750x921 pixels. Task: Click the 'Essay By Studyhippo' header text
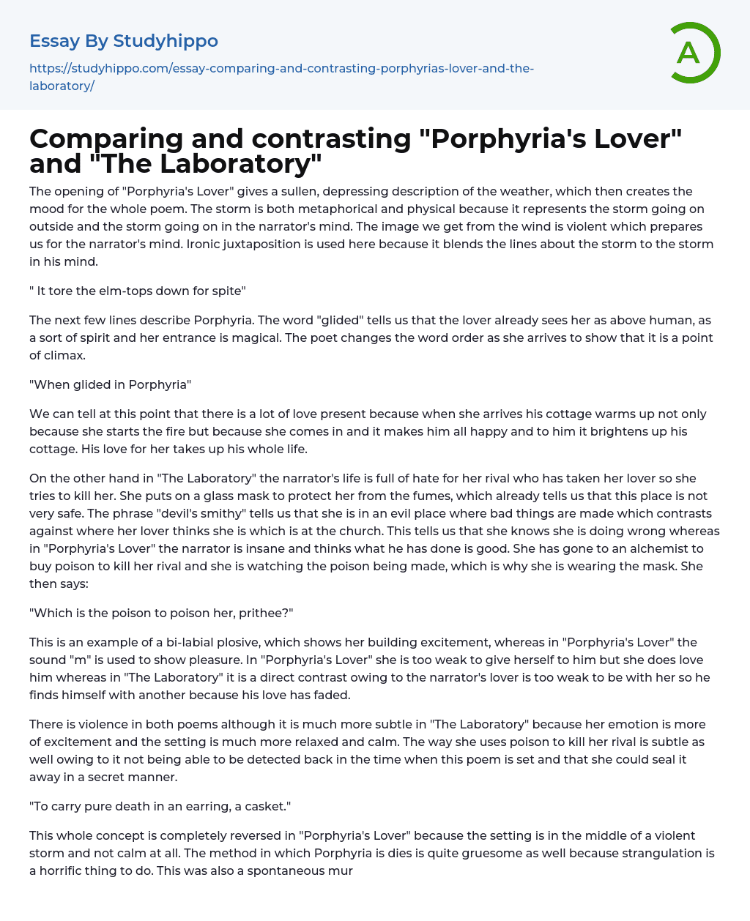[124, 41]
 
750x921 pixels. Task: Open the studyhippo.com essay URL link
[281, 77]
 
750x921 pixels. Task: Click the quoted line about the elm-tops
[138, 291]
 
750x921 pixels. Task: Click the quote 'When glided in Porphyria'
[110, 384]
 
